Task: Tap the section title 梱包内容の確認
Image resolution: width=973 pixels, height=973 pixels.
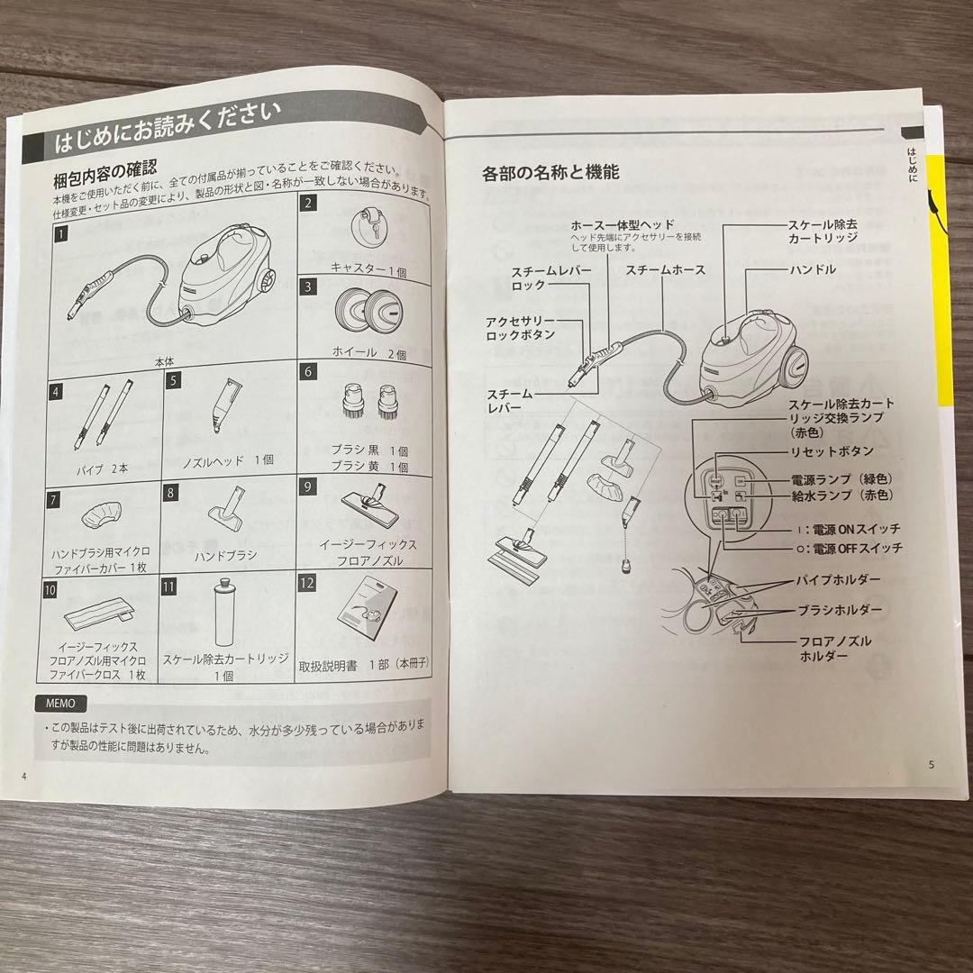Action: (105, 168)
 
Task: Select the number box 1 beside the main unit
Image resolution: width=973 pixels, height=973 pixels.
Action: (60, 236)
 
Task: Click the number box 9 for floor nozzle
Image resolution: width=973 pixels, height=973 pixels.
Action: (308, 486)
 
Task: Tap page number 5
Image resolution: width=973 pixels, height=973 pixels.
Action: (932, 765)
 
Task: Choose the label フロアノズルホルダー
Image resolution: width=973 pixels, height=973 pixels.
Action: (835, 648)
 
